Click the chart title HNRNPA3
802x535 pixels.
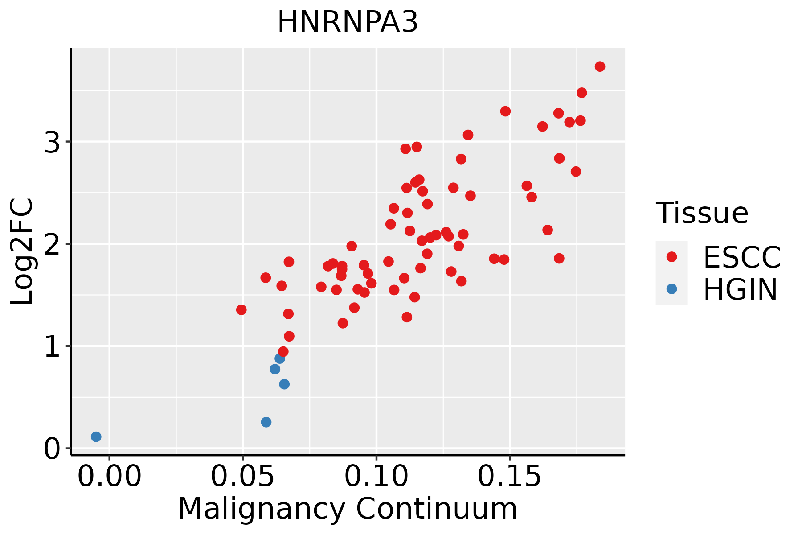tap(348, 22)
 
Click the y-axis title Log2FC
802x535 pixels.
tap(22, 251)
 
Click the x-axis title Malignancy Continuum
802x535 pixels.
tap(348, 509)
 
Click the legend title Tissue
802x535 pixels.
tap(702, 213)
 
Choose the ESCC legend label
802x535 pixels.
tap(742, 257)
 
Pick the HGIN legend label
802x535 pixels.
tap(741, 289)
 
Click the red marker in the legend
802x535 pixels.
tap(671, 257)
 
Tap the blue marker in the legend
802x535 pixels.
tap(671, 289)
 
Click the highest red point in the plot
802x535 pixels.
tap(600, 66)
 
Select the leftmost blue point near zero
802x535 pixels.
tap(96, 436)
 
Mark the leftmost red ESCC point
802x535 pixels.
tap(241, 310)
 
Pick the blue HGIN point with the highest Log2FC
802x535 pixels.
tap(280, 358)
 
